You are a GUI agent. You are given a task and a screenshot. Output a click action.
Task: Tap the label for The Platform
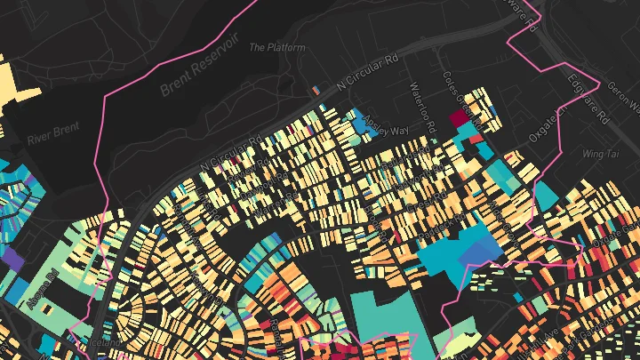277,47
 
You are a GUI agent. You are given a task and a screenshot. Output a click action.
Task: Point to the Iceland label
105,341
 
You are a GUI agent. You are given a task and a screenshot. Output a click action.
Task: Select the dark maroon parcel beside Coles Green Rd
459,117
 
